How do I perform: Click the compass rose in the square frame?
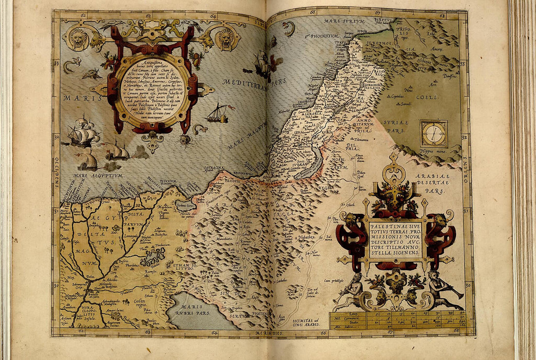tap(434, 134)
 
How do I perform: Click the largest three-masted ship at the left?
tap(83, 133)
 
